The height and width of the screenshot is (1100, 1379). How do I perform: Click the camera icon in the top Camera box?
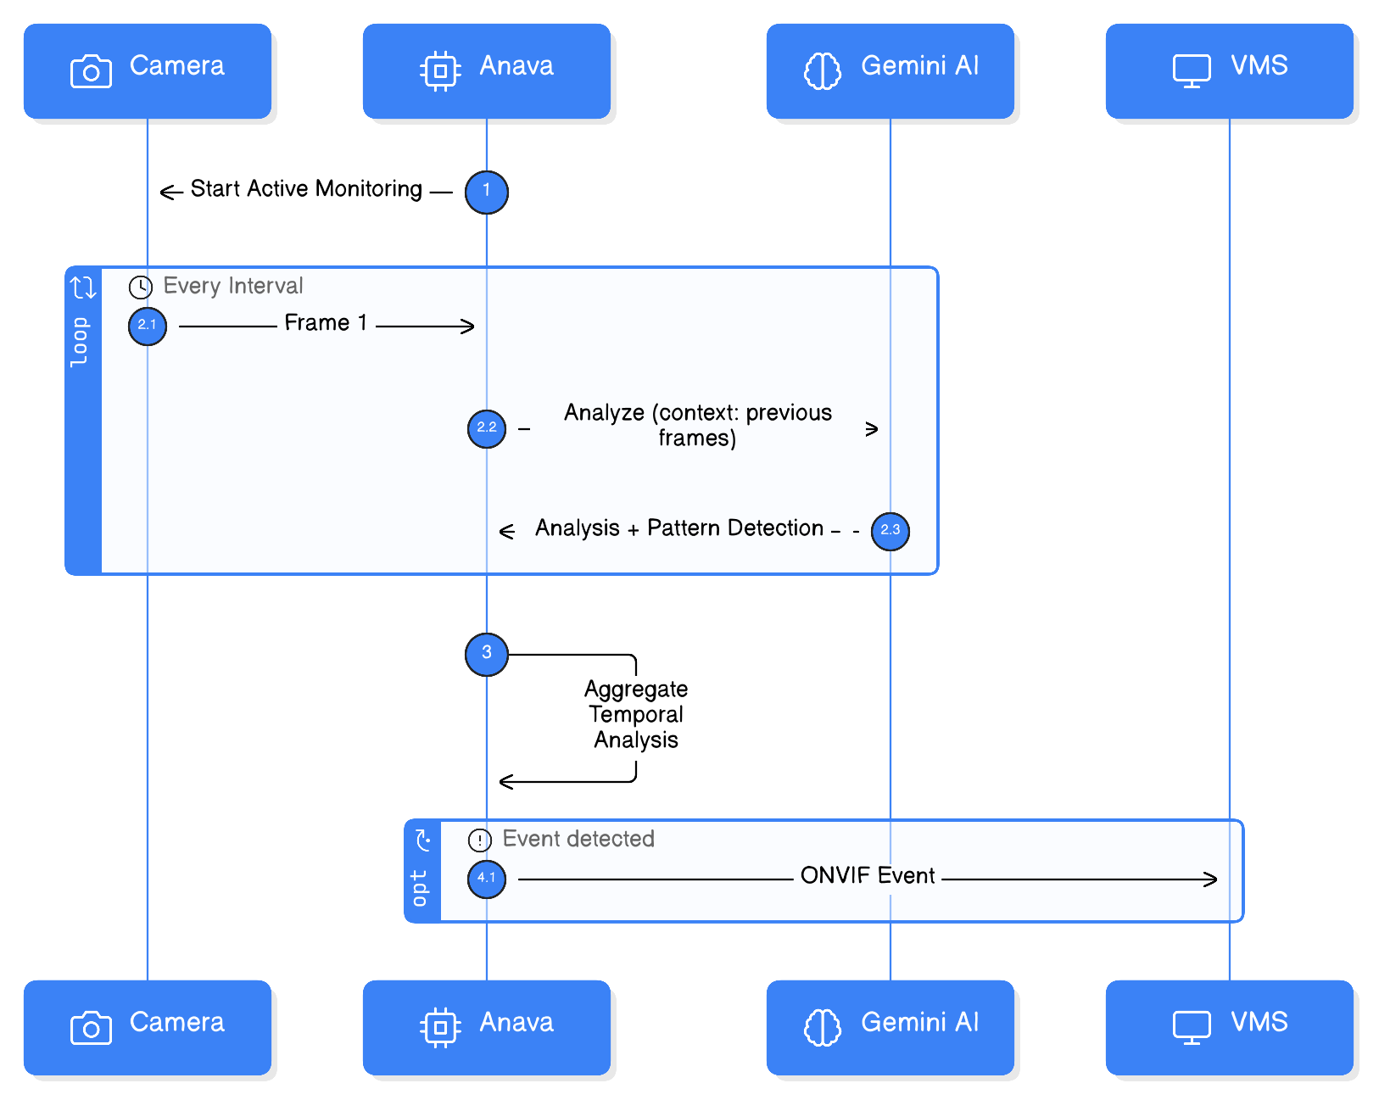(x=91, y=71)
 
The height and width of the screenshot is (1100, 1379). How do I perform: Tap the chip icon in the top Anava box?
(x=440, y=71)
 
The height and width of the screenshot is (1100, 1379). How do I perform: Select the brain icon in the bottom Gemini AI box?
(x=822, y=1027)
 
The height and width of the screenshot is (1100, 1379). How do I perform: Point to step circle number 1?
(x=487, y=192)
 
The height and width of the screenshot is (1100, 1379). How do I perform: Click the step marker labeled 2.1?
(x=148, y=326)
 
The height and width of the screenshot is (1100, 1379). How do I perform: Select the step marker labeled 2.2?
(x=487, y=428)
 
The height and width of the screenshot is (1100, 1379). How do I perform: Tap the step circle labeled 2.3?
(x=890, y=531)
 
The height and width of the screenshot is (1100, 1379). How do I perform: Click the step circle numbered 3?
(x=487, y=654)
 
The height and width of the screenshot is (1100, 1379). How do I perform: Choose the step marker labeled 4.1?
(x=487, y=879)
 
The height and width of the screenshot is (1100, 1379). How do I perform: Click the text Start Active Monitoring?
(x=306, y=189)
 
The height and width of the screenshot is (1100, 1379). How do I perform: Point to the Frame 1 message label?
(x=326, y=323)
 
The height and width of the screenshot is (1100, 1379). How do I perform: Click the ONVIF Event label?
(x=868, y=876)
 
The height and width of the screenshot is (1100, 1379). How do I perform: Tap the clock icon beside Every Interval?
(x=141, y=287)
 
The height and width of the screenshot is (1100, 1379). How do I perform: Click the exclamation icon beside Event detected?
(x=480, y=840)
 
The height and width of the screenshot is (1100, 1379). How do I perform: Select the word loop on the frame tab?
(x=80, y=342)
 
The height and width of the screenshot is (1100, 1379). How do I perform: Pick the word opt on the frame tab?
(x=419, y=888)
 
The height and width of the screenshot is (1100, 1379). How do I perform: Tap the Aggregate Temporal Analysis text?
(x=636, y=714)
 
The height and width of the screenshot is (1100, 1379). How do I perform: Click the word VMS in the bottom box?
(x=1259, y=1022)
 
